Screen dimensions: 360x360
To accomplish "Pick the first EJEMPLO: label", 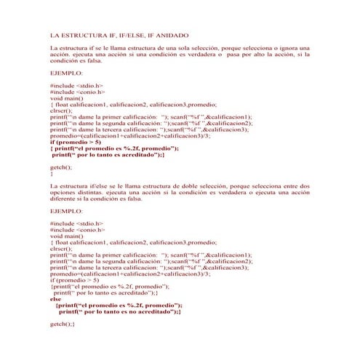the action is click(66, 73).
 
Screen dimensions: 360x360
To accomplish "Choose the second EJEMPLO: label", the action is click(66, 211).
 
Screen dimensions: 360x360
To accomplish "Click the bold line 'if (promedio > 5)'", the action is click(76, 142).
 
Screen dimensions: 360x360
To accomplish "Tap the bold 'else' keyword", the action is click(56, 298).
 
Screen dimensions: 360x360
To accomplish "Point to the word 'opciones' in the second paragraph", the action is click(61, 192).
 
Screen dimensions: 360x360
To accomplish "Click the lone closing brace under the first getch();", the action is click(51, 173).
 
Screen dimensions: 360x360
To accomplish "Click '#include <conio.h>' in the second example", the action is click(77, 230).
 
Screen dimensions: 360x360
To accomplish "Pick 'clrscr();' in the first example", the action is click(62, 111).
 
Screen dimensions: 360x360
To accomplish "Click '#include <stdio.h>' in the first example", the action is click(76, 86).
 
